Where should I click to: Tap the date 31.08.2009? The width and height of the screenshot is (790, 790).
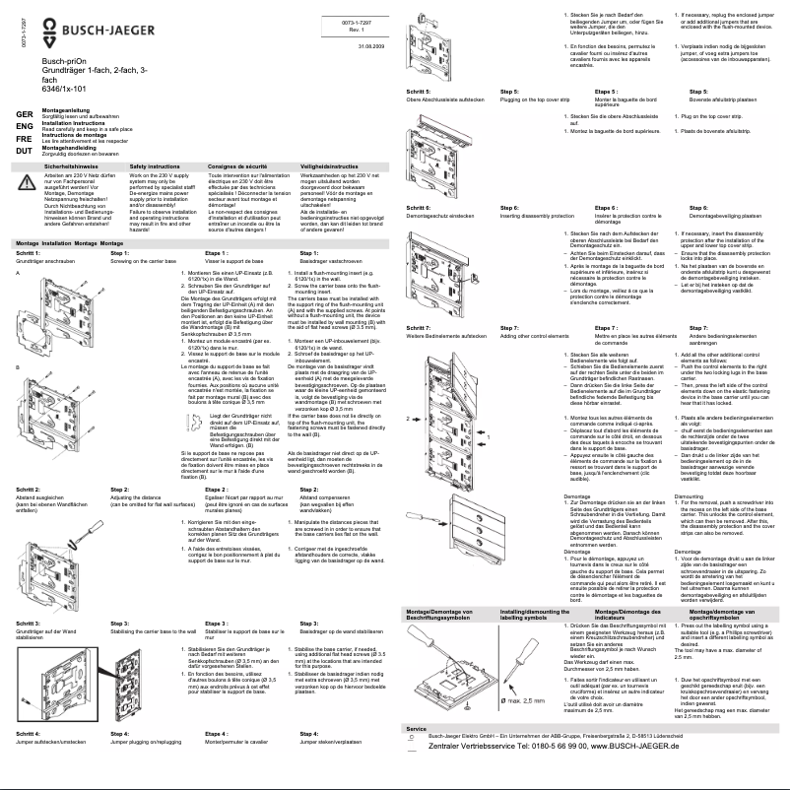pos(369,46)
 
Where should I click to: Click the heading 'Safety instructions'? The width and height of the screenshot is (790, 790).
pos(153,168)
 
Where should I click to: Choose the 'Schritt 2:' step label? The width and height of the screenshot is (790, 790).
pos(28,489)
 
